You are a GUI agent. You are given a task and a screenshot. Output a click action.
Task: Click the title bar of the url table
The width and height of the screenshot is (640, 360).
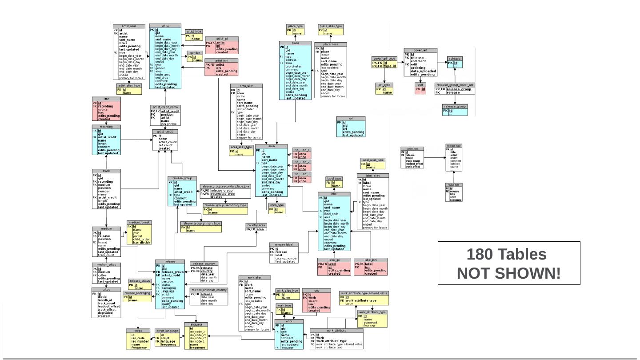coord(351,119)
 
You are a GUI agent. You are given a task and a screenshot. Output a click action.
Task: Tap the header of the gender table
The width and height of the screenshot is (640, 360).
coord(195,53)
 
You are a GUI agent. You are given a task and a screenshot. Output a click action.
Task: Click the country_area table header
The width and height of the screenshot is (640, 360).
coord(256,225)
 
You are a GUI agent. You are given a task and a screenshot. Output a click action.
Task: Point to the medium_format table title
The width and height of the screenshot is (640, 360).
coord(140,222)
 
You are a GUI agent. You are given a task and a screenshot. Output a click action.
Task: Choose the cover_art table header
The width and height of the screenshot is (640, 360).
coord(420,50)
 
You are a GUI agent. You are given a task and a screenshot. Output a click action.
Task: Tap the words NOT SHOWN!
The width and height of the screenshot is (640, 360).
coord(508,273)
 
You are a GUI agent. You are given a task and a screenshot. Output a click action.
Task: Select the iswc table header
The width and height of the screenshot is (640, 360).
coord(316,290)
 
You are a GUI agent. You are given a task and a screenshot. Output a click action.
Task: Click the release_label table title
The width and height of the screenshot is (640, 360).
coord(284,244)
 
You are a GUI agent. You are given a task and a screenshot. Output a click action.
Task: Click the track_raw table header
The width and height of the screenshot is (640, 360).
coord(454,184)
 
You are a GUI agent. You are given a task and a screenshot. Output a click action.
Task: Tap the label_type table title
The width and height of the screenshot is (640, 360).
coord(334,179)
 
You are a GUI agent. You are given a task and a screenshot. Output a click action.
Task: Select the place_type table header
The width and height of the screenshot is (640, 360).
coord(295,26)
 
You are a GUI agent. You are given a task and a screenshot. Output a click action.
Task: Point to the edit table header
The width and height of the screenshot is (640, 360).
coord(420,85)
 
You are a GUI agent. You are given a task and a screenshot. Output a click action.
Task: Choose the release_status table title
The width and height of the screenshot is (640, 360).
coord(140,281)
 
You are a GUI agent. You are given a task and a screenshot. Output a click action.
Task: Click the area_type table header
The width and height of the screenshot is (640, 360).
coord(277,205)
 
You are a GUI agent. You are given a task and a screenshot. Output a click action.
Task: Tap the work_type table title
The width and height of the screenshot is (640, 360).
coord(284,305)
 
